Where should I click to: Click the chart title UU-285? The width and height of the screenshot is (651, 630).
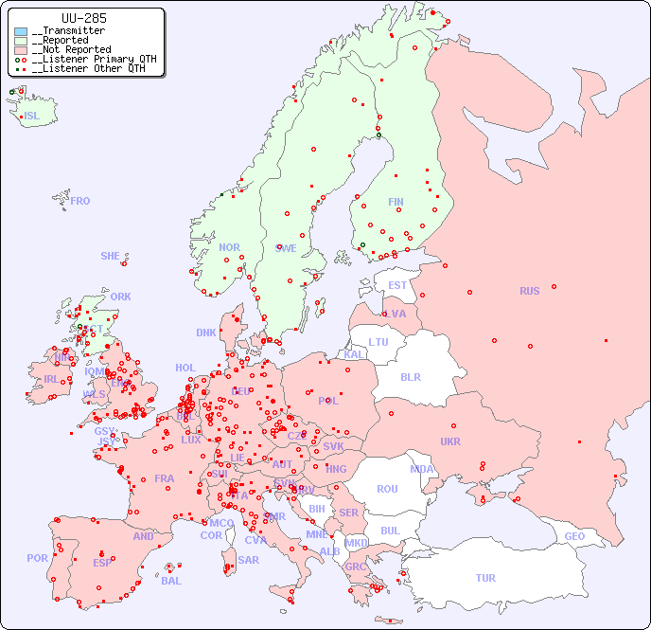tap(83, 18)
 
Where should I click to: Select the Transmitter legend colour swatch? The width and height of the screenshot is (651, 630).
tap(21, 31)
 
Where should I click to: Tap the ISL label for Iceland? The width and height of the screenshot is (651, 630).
tap(32, 117)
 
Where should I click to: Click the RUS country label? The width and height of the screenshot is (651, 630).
tap(529, 291)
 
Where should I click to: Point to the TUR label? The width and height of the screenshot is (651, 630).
tap(485, 578)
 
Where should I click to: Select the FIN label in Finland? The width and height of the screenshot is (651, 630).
tap(396, 202)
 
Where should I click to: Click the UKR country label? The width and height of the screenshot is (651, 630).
tap(450, 441)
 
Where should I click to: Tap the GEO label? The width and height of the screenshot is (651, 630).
tap(574, 536)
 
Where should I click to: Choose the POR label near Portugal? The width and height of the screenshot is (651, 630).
tap(37, 558)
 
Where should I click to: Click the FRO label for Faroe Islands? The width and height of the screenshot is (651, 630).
tap(80, 201)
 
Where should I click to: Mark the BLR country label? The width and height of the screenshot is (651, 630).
tap(410, 376)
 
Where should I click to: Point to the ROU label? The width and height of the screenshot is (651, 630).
tap(387, 489)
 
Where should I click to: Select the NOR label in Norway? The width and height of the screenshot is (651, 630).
tap(229, 247)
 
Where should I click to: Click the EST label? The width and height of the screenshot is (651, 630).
tap(397, 285)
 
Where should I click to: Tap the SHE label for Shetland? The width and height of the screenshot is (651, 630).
tap(110, 256)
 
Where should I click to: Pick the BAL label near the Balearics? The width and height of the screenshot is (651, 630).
tap(170, 581)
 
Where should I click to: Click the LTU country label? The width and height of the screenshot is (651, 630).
tap(378, 342)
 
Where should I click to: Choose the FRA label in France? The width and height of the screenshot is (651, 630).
tap(165, 478)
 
